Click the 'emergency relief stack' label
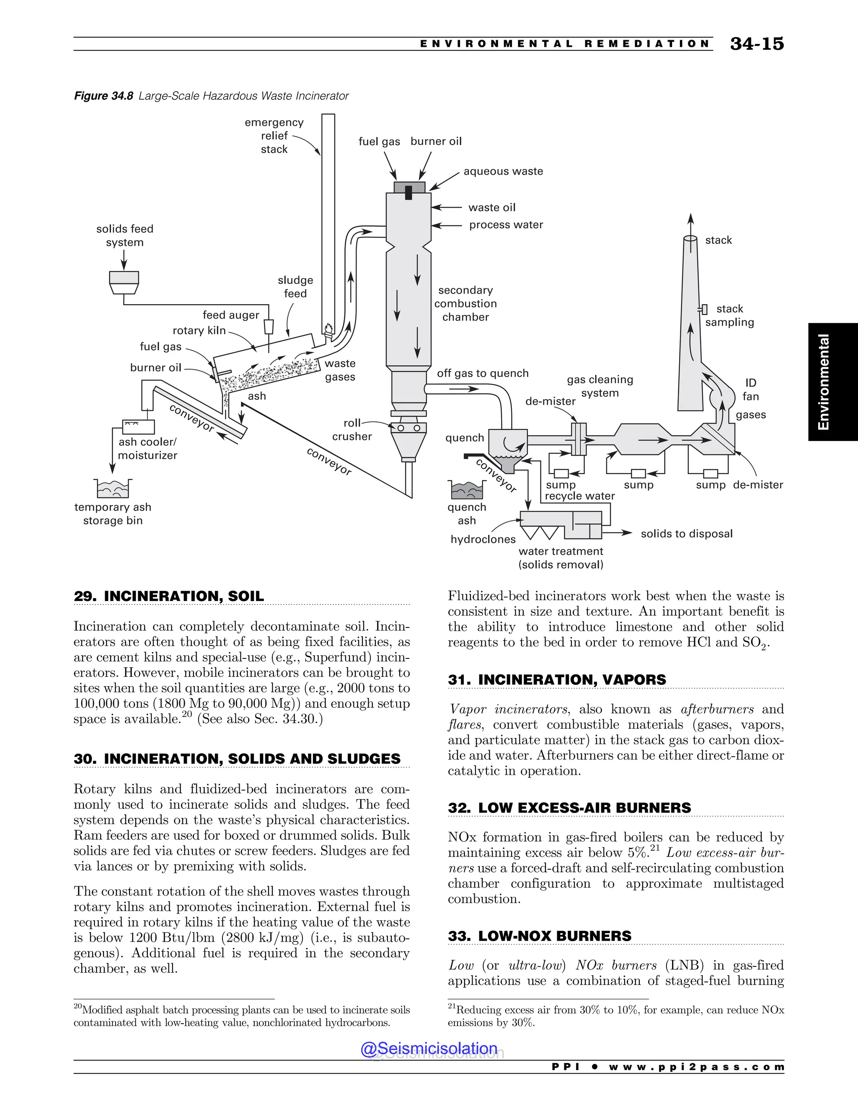click(274, 136)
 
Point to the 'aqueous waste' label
click(503, 171)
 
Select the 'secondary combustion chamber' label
click(465, 303)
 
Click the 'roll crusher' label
click(352, 429)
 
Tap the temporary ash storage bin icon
click(113, 489)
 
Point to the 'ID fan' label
click(750, 389)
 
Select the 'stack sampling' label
click(729, 316)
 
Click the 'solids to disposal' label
click(686, 534)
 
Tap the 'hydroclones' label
click(483, 539)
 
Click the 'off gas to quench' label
click(482, 373)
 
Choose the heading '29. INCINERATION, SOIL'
click(169, 596)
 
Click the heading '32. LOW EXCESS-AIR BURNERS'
click(569, 808)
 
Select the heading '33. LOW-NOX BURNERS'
click(539, 936)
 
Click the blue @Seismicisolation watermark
click(429, 1048)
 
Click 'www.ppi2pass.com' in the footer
click(696, 1067)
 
